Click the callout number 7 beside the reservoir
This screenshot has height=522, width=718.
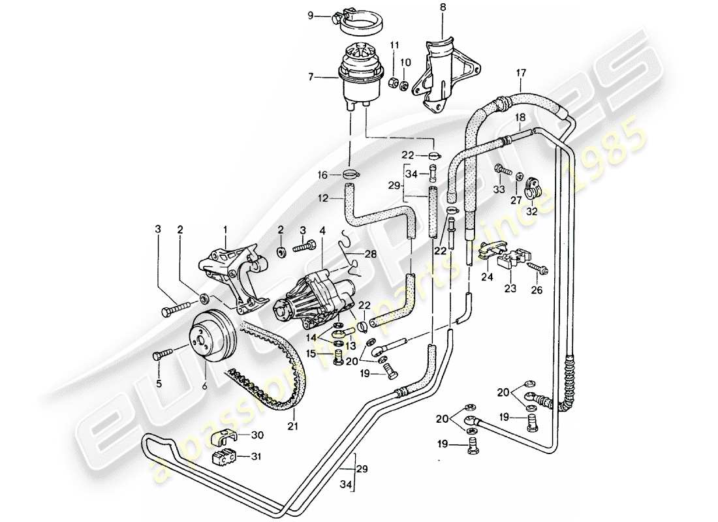313,78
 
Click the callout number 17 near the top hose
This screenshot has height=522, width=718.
520,73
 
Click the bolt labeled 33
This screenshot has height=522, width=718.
503,168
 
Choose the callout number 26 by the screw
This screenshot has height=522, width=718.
537,291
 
